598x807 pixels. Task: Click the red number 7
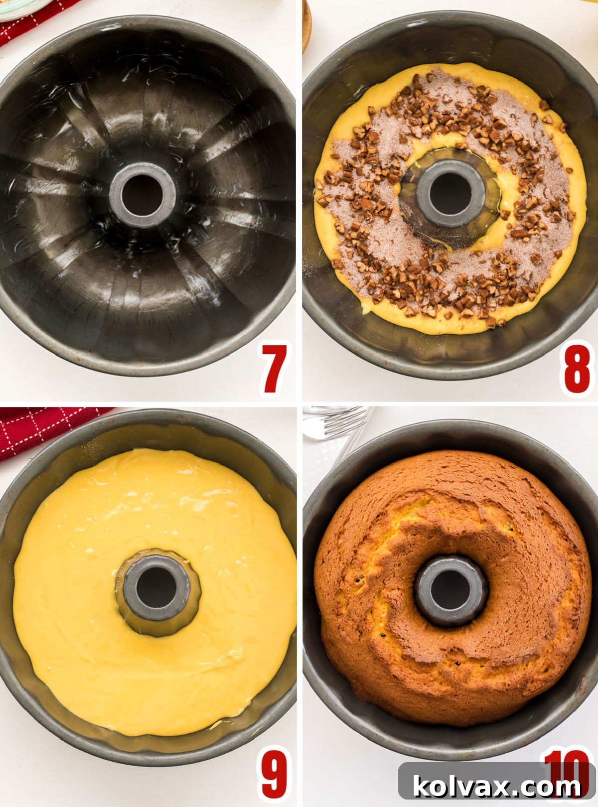click(275, 369)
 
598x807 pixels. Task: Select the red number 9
click(275, 775)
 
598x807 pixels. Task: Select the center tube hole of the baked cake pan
click(450, 590)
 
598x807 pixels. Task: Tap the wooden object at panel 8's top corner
click(306, 25)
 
